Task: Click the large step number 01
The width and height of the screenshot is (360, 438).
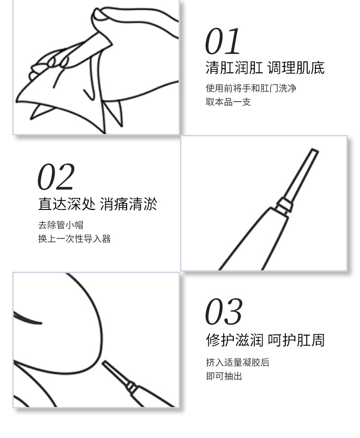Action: pos(222,41)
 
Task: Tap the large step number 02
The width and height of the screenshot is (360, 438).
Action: pos(56,177)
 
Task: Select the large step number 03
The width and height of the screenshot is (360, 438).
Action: pos(224,311)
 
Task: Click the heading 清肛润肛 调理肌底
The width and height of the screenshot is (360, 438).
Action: pos(265,68)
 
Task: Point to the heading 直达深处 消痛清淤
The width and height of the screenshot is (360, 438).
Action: pos(98,204)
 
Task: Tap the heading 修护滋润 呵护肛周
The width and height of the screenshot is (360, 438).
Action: pos(265,340)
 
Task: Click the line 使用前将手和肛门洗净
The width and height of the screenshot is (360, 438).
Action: pos(251,88)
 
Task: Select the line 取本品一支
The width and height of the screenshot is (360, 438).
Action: pos(228,102)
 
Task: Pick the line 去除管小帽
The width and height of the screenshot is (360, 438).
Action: pos(61,225)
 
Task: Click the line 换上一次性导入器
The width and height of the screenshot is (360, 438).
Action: pos(74,239)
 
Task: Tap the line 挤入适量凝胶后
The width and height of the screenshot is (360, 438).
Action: pos(237,362)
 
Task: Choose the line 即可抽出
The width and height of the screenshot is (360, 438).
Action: pos(224,376)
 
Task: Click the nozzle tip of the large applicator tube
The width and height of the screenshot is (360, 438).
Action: pos(314,151)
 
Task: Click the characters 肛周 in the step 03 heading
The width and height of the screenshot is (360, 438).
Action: pos(311,340)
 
